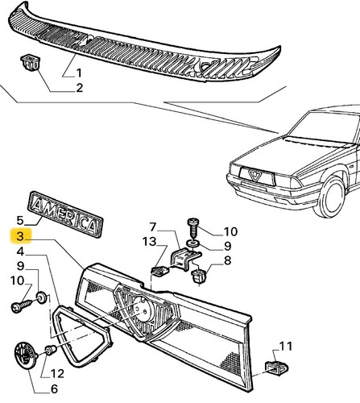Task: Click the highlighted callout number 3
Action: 20,236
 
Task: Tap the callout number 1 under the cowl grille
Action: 79,73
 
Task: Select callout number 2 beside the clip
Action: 80,88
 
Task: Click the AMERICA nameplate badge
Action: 65,214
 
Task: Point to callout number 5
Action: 20,221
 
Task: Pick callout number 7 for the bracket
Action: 153,227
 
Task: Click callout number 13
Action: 150,241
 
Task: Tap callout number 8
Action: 227,260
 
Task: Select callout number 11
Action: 286,347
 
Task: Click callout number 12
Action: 57,374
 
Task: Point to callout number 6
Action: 54,388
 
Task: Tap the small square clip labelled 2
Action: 30,64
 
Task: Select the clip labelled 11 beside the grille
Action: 276,368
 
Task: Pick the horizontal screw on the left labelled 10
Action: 22,306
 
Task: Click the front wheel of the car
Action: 331,197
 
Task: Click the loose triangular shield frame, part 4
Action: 82,336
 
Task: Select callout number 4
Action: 20,251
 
